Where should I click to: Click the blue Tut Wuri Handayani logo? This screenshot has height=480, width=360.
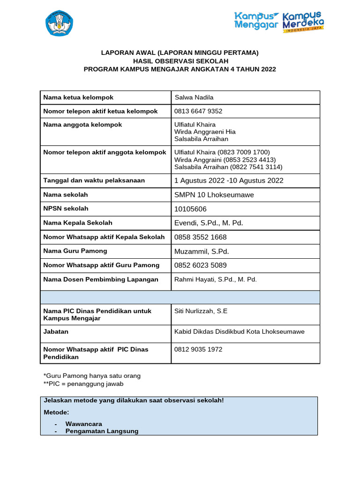(59, 23)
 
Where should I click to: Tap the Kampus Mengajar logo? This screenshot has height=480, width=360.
(256, 20)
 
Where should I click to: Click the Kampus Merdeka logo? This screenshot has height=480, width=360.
(303, 22)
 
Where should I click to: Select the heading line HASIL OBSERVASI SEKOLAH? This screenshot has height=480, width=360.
(180, 61)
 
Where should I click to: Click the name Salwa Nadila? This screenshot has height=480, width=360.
(194, 97)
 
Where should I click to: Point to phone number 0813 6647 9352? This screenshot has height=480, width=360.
(198, 111)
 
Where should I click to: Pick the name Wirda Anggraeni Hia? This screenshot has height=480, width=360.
(205, 132)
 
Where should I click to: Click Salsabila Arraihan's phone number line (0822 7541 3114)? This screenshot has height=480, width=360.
(228, 167)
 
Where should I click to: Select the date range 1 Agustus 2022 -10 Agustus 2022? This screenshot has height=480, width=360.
(229, 180)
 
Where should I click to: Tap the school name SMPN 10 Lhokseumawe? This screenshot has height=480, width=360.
(214, 195)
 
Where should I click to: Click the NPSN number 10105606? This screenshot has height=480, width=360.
(190, 209)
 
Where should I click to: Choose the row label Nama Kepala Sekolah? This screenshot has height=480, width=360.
(78, 223)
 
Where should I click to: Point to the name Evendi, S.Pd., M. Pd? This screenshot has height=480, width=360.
(209, 223)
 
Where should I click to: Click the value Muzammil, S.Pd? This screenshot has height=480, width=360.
(202, 251)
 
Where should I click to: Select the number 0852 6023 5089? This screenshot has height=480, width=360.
(200, 265)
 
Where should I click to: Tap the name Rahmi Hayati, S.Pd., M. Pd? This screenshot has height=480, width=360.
(216, 279)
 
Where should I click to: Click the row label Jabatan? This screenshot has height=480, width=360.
(56, 331)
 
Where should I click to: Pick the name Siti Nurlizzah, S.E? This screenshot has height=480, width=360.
(201, 311)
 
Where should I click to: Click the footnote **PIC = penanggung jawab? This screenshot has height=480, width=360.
(83, 383)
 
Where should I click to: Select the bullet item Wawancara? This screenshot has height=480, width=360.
(83, 424)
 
